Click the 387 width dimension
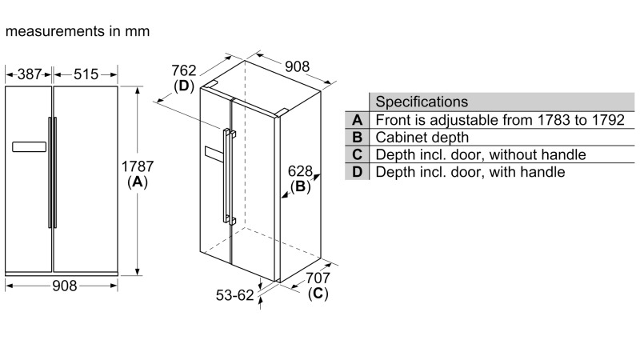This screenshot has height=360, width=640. pos(30,74)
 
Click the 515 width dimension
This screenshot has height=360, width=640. pos(86,74)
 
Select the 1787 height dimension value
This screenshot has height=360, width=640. pos(137,166)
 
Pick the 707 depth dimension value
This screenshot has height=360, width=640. pos(318,278)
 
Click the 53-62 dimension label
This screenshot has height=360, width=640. pos(234,295)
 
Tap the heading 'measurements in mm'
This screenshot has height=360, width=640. pos(77,31)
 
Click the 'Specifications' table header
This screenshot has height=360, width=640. pos(422,102)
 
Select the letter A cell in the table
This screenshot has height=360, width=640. pos(357,120)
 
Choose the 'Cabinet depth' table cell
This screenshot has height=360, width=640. pos(422,138)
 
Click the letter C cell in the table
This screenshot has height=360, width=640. pos(357,154)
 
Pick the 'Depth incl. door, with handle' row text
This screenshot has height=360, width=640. pos(470,172)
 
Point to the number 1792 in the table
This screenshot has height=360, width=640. pos(606,120)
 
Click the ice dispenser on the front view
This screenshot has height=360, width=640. pos(30,147)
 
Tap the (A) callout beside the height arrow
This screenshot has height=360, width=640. pos(137,182)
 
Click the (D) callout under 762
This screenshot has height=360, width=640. pos(185,86)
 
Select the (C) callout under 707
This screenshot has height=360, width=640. pos(318,293)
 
